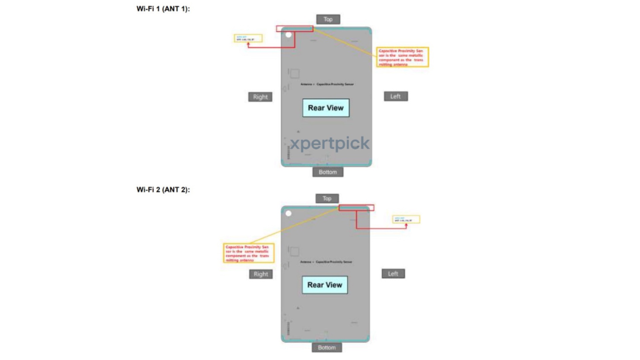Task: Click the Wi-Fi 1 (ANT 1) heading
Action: tap(163, 9)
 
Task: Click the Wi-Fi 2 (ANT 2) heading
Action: tap(163, 190)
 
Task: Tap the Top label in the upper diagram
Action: tap(328, 19)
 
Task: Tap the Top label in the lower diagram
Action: tap(327, 198)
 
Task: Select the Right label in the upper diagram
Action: tap(260, 97)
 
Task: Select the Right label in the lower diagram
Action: tap(261, 274)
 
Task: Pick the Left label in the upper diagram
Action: tap(396, 96)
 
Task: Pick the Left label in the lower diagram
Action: tap(393, 274)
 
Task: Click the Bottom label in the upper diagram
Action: tap(328, 172)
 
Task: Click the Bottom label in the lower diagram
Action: tap(327, 348)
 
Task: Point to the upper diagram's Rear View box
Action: tap(326, 108)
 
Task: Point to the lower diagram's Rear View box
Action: tap(325, 285)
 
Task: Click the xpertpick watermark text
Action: tap(329, 144)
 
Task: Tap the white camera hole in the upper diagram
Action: tap(289, 35)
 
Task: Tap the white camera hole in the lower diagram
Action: tap(289, 213)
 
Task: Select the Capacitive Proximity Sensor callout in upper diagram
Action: tap(402, 57)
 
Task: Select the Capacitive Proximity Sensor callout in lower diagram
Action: tap(249, 253)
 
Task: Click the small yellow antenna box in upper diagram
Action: tap(248, 38)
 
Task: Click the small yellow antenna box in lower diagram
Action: tap(406, 219)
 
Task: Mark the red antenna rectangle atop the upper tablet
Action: tap(295, 29)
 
